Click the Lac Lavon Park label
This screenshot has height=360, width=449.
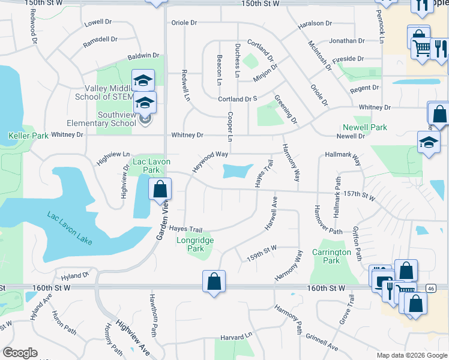tap(151, 166)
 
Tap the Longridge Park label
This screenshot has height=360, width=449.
tap(195, 244)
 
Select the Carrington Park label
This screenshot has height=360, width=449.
tap(331, 256)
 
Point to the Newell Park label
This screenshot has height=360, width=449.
tap(365, 127)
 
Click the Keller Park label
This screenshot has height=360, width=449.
tap(28, 136)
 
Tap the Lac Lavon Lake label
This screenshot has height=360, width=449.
tap(70, 227)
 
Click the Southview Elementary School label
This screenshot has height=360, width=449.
tap(101, 119)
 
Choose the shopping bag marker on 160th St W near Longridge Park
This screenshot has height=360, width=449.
tap(214, 281)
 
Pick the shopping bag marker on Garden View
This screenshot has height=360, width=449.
tap(160, 190)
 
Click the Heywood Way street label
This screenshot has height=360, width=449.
tap(210, 162)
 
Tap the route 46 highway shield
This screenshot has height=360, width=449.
tap(430, 289)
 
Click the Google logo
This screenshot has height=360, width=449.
tap(20, 353)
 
